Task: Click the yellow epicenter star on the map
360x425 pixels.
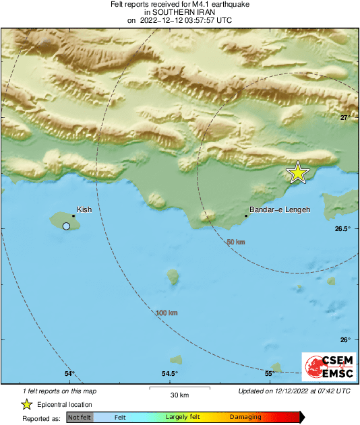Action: pos(297,172)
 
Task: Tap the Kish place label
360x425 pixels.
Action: pos(84,209)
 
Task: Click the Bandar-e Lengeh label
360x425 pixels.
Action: pos(280,210)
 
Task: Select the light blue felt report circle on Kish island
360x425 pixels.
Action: pos(66,226)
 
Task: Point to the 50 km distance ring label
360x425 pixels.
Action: pos(235,242)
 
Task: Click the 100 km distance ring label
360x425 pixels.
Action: pos(167,313)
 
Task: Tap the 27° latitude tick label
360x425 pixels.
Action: pos(344,118)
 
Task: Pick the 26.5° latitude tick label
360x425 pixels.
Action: pos(342,229)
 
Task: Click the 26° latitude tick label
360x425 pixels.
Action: pos(344,339)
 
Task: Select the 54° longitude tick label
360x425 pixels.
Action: pos(69,374)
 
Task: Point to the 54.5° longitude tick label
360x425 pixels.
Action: pos(169,374)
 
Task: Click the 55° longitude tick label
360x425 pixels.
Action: pos(269,374)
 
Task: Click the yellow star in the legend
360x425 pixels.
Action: pos(27,404)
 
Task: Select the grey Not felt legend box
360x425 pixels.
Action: pos(80,418)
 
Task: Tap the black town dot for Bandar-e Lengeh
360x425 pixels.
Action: pos(246,216)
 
